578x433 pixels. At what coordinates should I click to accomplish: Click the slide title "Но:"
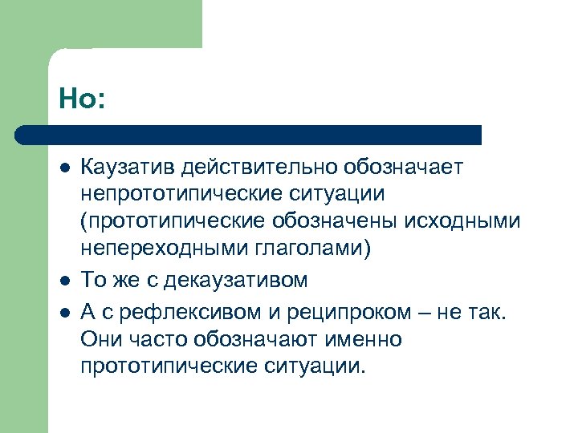click(x=82, y=99)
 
